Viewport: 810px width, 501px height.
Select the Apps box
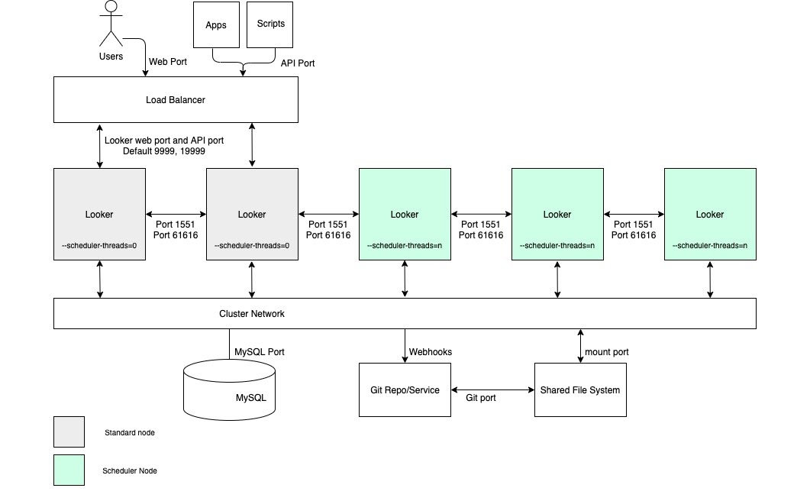tap(216, 25)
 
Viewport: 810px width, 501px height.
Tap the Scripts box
tap(270, 24)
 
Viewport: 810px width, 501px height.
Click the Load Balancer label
tap(176, 100)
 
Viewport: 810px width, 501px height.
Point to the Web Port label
tap(167, 61)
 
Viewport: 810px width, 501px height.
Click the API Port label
tap(298, 63)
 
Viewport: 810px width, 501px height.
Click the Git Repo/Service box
tap(405, 389)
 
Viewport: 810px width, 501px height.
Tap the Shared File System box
tap(580, 389)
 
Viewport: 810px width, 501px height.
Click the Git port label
tap(481, 398)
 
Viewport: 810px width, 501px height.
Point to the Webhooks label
tap(431, 352)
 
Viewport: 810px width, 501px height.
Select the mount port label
tap(607, 352)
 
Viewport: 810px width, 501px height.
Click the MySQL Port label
tap(260, 352)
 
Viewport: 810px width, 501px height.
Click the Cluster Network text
tap(252, 314)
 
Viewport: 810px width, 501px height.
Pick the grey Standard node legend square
tap(69, 432)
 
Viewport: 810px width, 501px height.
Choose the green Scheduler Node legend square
tap(69, 470)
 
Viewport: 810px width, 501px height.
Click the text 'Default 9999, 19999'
tap(164, 151)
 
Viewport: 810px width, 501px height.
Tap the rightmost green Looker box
tap(710, 215)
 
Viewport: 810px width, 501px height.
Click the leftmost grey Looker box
tap(99, 215)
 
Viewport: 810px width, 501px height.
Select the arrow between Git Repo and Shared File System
tap(492, 390)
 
